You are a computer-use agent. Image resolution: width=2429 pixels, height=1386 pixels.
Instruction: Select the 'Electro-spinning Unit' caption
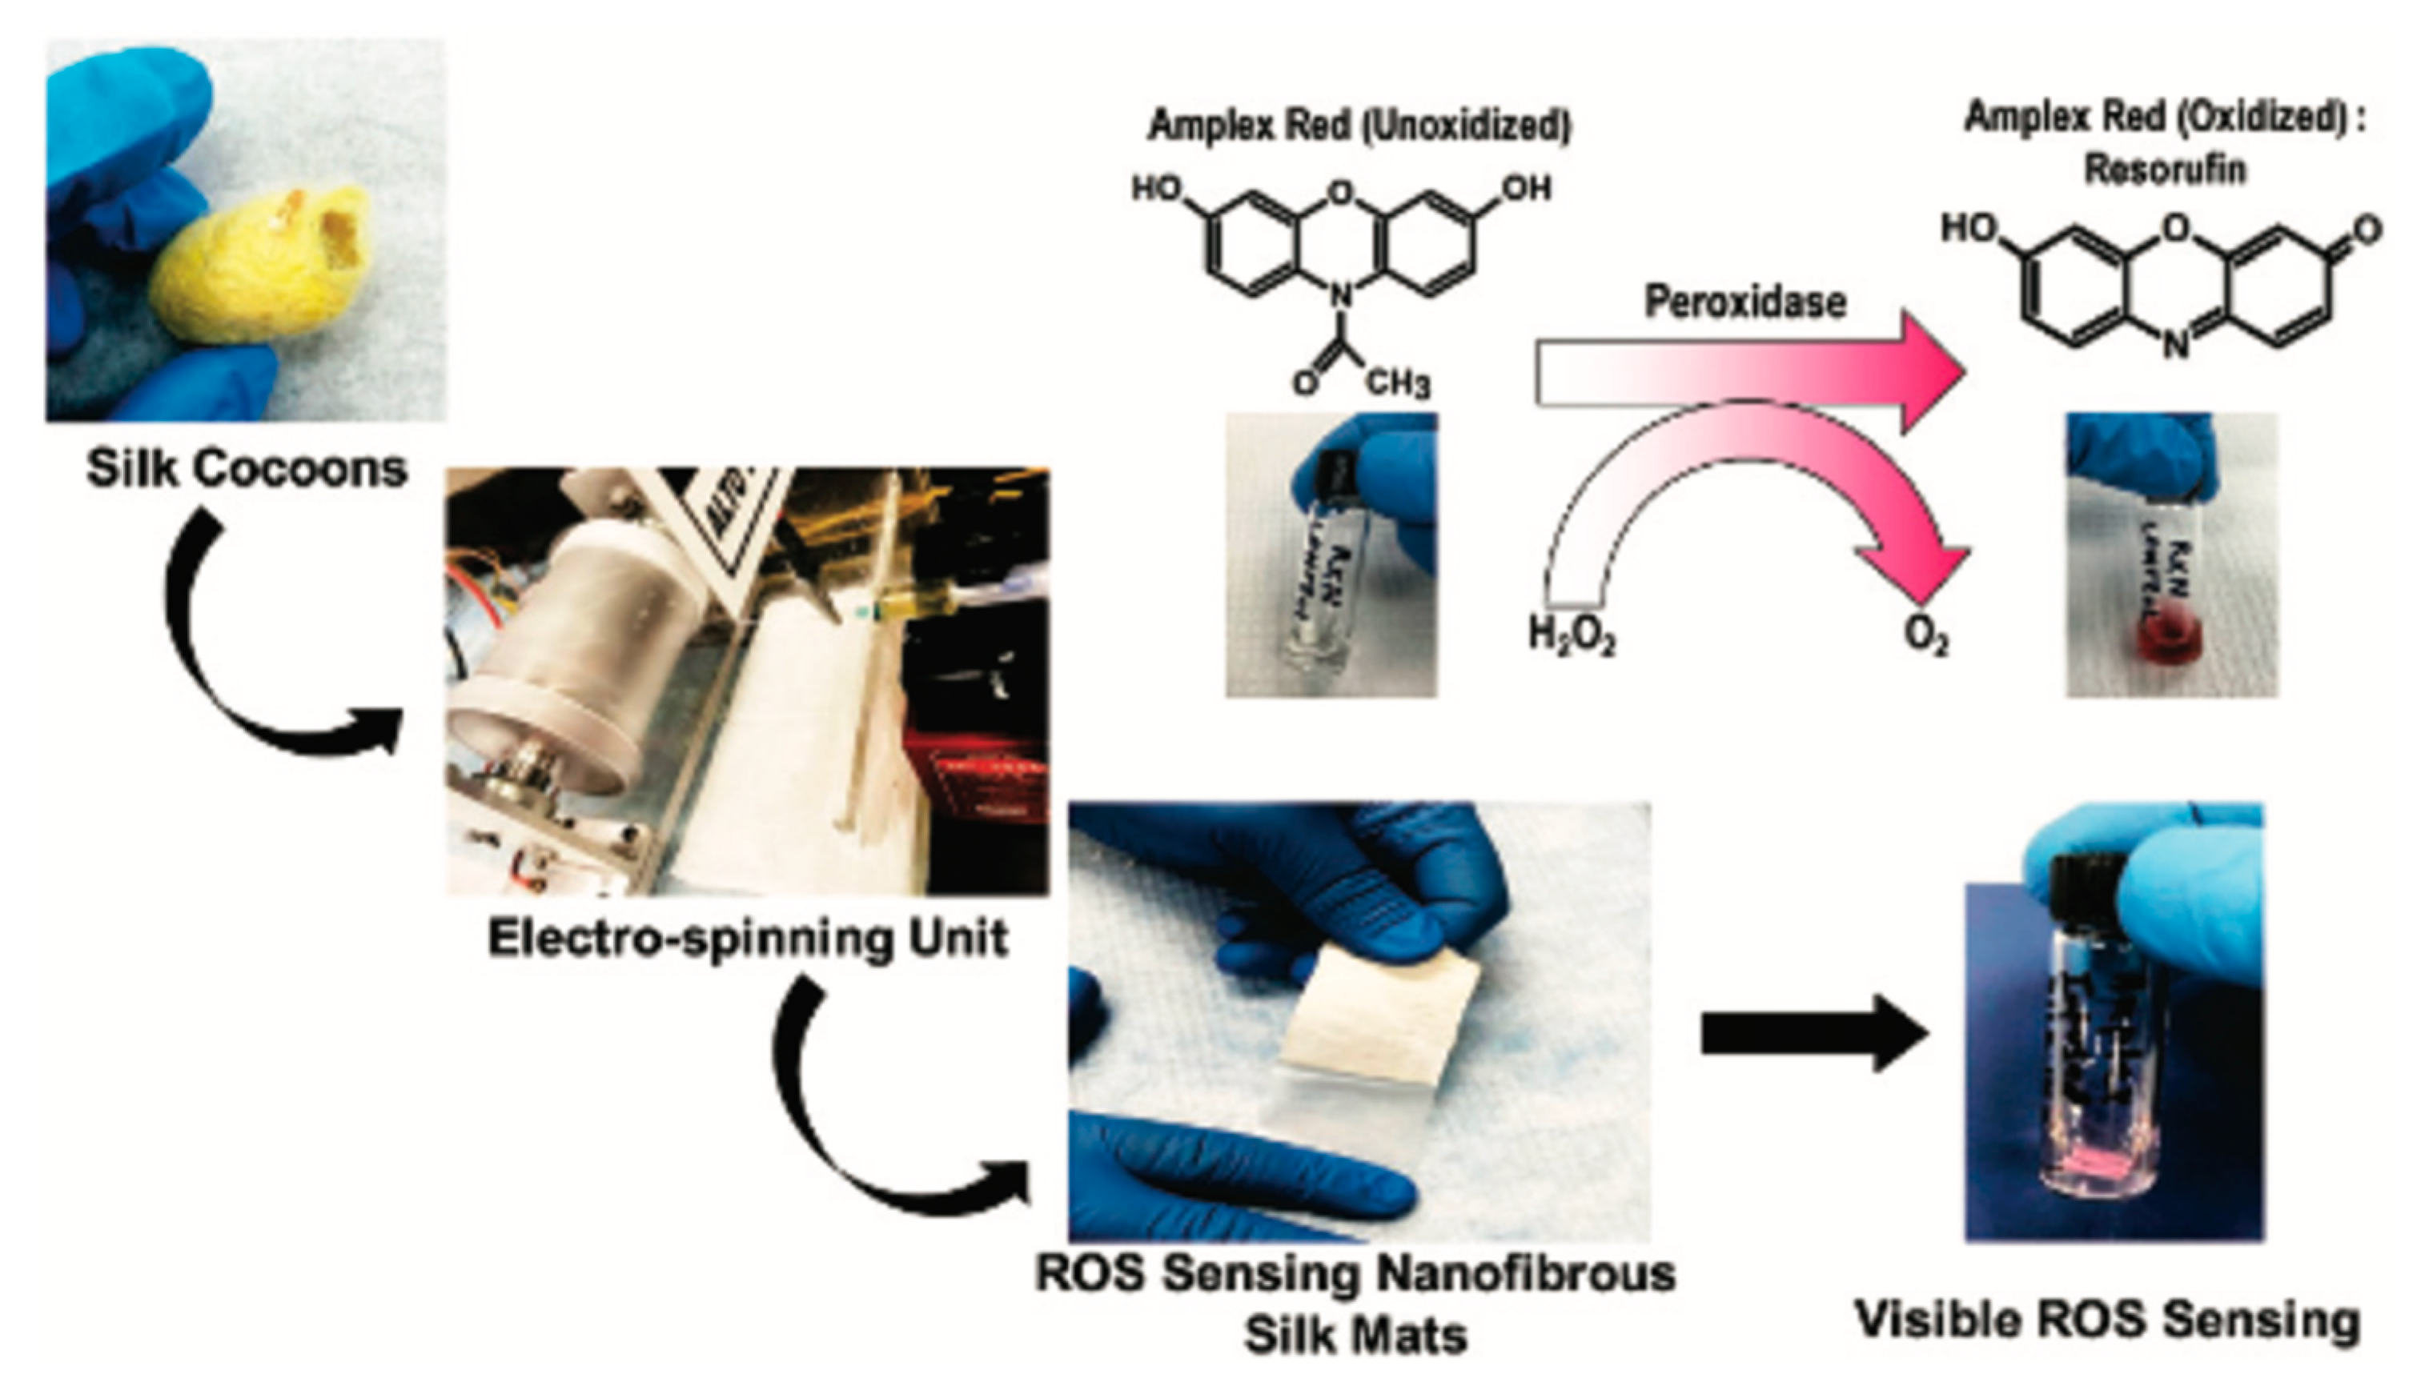coord(749,938)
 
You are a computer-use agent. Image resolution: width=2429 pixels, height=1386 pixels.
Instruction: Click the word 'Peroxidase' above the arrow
coord(1744,302)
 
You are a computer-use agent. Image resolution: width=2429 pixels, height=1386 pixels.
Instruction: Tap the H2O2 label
coord(1571,636)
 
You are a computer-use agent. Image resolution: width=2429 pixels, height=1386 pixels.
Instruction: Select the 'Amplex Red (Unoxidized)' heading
coord(1359,126)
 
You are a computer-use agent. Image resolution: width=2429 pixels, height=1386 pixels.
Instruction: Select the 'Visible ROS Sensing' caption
coord(2107,1321)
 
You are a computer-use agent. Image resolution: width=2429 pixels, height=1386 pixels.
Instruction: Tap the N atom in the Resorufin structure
coord(2174,348)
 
